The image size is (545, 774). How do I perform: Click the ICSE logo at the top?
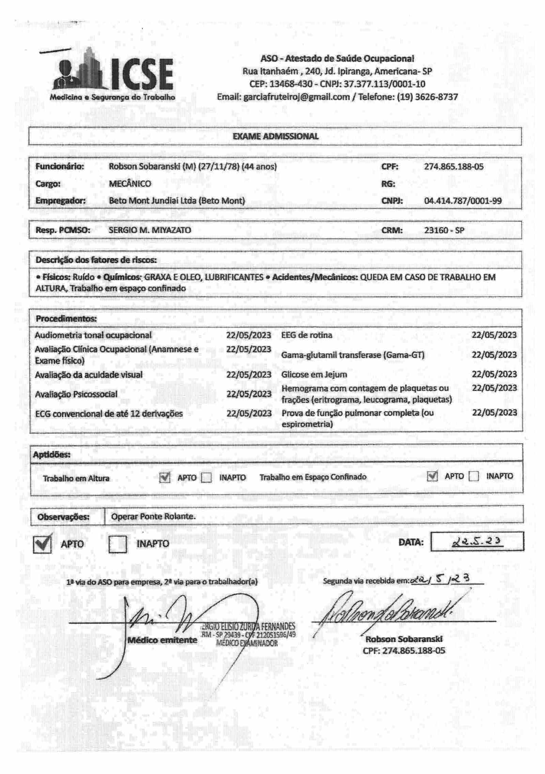[112, 75]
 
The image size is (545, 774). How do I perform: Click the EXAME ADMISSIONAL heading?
[275, 136]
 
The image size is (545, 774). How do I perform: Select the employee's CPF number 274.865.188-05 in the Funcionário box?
[453, 167]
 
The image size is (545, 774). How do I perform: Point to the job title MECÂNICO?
[130, 184]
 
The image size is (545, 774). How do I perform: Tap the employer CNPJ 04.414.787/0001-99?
[463, 201]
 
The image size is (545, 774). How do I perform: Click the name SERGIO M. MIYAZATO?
[150, 230]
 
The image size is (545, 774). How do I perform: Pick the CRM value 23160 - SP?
[444, 230]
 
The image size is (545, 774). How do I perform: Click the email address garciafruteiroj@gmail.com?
[296, 97]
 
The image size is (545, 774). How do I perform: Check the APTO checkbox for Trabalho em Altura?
[165, 478]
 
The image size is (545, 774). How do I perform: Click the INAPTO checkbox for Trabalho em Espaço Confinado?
[473, 476]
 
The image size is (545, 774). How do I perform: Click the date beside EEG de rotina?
[494, 335]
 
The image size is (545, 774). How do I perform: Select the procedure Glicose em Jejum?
[314, 375]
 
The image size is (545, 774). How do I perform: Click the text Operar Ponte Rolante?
[153, 516]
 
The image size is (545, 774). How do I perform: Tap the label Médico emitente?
[162, 640]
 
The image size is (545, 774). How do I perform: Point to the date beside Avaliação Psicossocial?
[249, 394]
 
